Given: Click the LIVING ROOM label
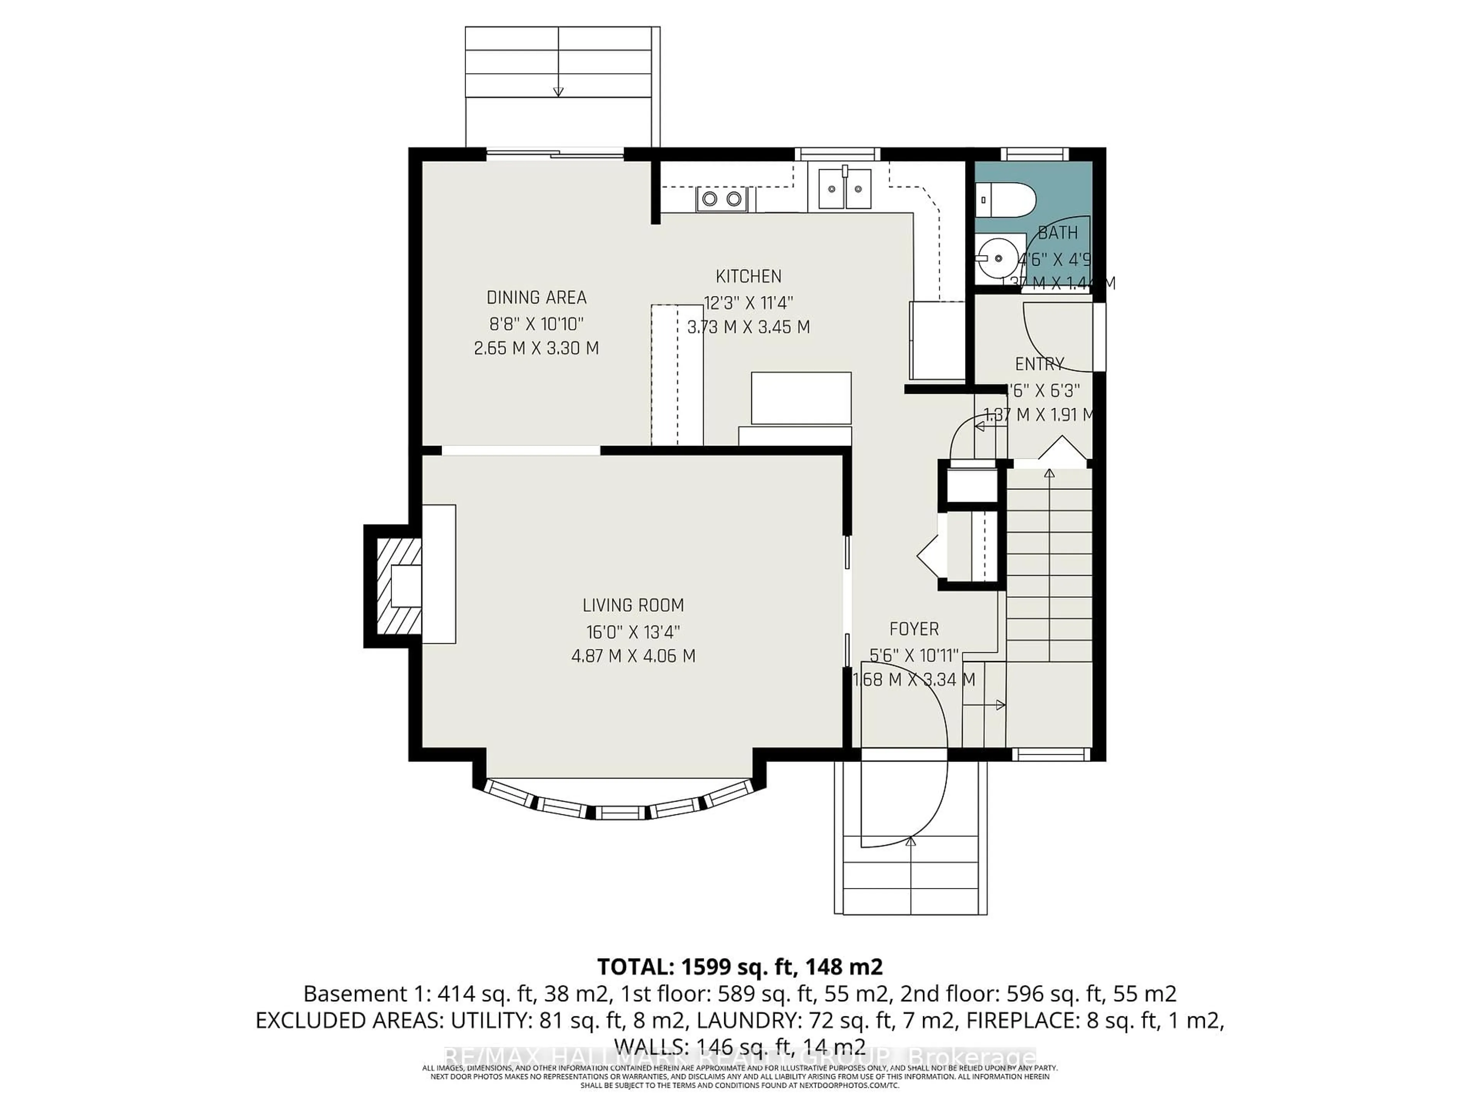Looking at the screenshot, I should pos(633,605).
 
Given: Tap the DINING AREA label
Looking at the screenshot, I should pos(536,298).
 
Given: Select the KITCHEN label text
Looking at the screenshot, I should pos(748,276).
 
